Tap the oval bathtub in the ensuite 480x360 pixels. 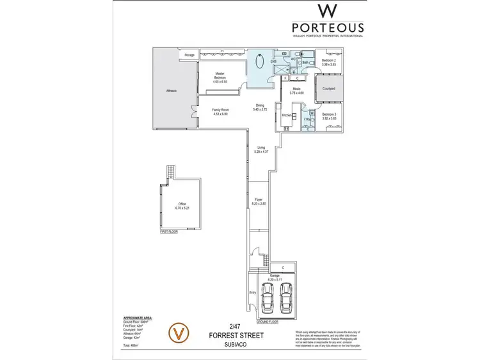coord(260,65)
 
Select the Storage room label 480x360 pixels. coord(189,56)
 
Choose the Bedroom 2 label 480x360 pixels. coord(329,60)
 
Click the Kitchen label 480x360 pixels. coord(287,115)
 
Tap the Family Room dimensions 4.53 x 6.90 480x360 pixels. coord(221,113)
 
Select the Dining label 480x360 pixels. coord(260,106)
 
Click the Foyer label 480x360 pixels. coord(259,200)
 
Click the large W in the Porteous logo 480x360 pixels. coord(328,12)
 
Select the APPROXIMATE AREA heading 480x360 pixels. coord(138,317)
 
